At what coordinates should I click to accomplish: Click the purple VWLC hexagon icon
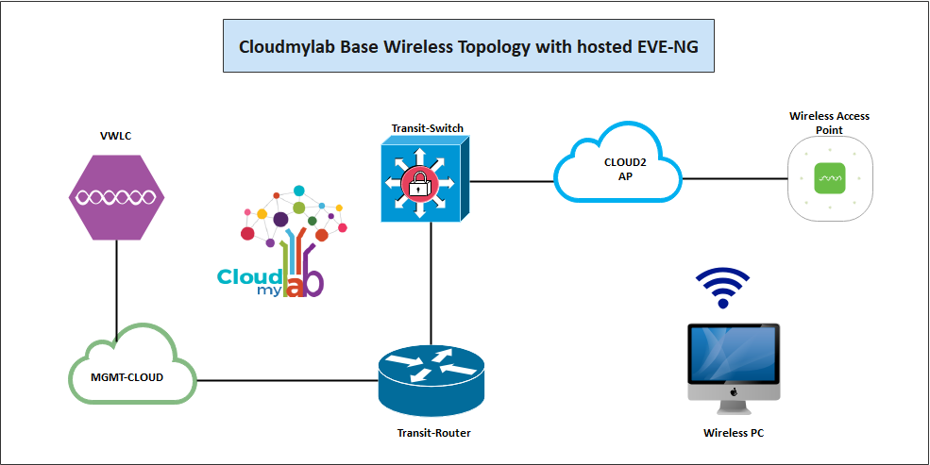point(117,197)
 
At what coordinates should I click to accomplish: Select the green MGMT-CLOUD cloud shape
point(133,367)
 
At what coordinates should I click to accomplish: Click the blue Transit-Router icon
point(431,380)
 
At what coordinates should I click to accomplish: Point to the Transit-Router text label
point(433,434)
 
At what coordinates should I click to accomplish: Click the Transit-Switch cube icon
point(423,179)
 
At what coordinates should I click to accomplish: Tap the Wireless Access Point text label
point(829,123)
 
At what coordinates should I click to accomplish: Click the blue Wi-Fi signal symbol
point(723,287)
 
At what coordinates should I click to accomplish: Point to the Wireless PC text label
point(735,434)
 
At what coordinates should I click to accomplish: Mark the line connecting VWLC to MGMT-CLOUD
point(116,283)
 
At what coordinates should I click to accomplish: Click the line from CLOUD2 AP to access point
point(735,177)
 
